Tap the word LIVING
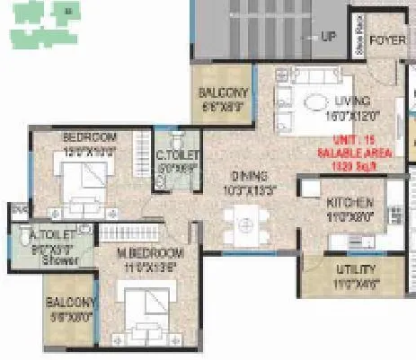[x=350, y=101]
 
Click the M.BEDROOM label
[x=151, y=254]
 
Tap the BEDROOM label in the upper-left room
[x=89, y=137]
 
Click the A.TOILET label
[x=49, y=234]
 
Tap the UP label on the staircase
[x=329, y=37]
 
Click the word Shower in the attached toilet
[x=64, y=261]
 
